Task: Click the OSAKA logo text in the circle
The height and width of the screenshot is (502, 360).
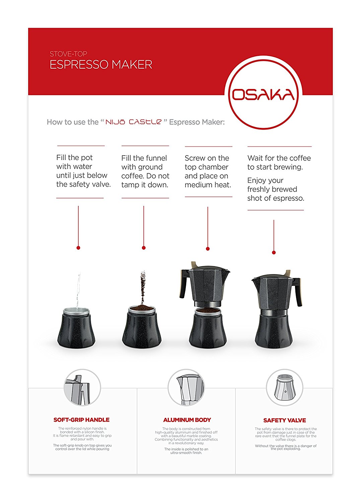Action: (263, 95)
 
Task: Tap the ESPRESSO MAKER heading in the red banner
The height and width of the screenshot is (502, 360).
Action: (101, 65)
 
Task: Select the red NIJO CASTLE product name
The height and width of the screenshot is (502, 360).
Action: (134, 122)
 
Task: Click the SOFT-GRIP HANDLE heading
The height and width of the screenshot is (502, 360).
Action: (81, 420)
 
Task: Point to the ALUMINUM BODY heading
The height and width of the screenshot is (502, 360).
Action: (187, 420)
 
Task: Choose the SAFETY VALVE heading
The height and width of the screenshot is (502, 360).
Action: (284, 420)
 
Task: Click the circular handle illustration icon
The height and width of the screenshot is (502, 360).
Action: (82, 388)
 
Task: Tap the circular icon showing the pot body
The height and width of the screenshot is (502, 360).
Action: (186, 388)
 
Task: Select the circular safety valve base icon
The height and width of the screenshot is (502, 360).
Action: (284, 388)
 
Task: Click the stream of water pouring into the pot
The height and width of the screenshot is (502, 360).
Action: (78, 289)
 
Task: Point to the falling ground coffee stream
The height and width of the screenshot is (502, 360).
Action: (143, 286)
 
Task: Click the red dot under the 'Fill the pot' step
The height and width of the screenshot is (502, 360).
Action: (78, 248)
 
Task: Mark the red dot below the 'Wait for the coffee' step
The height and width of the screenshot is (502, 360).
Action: (274, 252)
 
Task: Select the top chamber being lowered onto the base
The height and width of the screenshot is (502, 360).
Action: (205, 284)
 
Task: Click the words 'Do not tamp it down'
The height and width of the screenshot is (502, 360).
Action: (145, 180)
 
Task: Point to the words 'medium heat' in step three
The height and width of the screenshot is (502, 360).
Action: (208, 185)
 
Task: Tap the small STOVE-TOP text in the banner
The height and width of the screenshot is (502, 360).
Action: (68, 54)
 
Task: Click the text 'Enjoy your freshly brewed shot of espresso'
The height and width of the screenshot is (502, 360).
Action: (275, 189)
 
